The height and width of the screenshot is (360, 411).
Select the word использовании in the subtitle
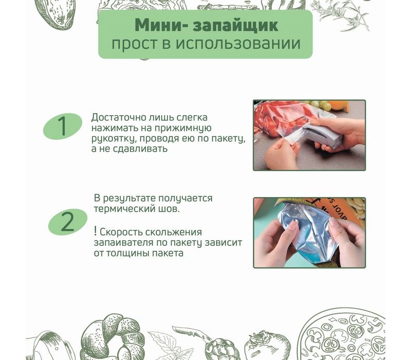point(238,43)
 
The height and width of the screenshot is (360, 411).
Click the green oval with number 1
point(63,126)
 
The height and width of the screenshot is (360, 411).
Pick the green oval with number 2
point(68,222)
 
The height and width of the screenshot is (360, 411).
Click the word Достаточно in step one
point(119,117)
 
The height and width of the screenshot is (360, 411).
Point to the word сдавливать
point(140,149)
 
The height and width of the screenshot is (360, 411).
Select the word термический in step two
point(124,209)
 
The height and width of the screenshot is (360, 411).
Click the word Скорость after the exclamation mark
point(121,232)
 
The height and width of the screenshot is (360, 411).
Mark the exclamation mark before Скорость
point(96,231)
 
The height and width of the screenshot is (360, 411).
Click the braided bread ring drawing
point(113,338)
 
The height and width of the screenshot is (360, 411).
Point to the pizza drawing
point(342,334)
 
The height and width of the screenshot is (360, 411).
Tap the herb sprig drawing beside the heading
point(341,15)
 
